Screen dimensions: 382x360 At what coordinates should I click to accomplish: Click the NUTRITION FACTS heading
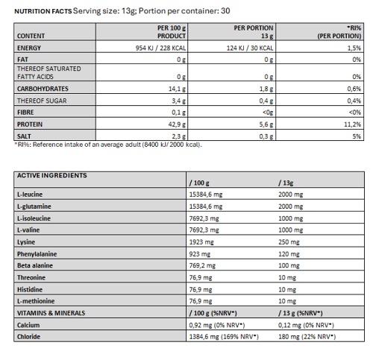[43, 11]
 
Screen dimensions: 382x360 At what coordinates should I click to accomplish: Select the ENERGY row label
[29, 48]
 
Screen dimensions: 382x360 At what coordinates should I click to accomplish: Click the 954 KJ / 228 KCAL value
[160, 48]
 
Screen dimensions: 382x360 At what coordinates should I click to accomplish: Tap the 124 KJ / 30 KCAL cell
[250, 48]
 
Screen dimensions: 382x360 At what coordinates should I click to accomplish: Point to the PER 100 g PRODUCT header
[172, 32]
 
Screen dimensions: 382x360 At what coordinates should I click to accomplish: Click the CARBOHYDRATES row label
[43, 89]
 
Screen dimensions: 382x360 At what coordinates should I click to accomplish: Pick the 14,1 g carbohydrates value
[177, 89]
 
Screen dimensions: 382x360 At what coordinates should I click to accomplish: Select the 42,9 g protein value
[177, 124]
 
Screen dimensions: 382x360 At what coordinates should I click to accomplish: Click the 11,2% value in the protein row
[352, 124]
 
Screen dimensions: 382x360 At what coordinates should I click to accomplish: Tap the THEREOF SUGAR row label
[42, 101]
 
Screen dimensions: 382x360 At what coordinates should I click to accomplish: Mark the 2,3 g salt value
[178, 136]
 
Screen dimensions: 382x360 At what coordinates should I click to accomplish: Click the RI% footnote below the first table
[108, 145]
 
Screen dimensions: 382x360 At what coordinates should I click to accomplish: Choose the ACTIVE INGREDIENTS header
[52, 175]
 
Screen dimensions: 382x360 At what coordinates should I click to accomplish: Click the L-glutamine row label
[34, 206]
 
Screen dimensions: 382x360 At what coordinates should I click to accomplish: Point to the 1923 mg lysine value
[201, 242]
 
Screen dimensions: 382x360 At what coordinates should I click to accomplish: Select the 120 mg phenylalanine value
[289, 254]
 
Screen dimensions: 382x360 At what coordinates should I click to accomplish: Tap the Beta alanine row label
[35, 265]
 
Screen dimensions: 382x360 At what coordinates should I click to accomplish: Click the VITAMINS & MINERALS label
[51, 313]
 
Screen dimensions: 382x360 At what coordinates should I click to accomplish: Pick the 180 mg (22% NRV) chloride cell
[307, 337]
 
